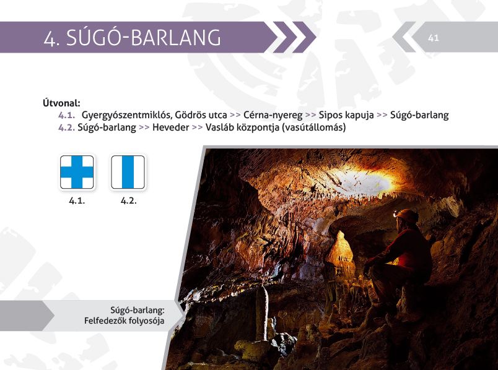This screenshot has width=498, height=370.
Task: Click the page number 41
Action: [433, 38]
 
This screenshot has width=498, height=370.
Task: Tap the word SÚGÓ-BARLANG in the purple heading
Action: [143, 37]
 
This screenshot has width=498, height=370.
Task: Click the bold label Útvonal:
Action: [61, 103]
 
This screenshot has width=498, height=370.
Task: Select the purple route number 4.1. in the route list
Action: [67, 115]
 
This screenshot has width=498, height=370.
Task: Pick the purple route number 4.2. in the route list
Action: [67, 127]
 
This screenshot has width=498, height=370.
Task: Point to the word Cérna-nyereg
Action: [273, 115]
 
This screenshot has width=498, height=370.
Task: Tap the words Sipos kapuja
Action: [346, 115]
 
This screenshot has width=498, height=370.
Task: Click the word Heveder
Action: [170, 127]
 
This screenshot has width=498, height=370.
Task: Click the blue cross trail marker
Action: [77, 172]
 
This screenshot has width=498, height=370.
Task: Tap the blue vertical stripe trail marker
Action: [128, 172]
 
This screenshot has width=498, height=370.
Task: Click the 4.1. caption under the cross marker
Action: [77, 201]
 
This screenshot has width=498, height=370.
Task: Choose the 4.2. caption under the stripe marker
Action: [128, 201]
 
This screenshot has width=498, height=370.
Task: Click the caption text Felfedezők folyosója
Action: [124, 321]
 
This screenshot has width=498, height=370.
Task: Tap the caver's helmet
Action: [406, 216]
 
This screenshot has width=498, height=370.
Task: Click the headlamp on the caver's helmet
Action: [395, 215]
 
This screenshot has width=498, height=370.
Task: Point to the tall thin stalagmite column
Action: [262, 313]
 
